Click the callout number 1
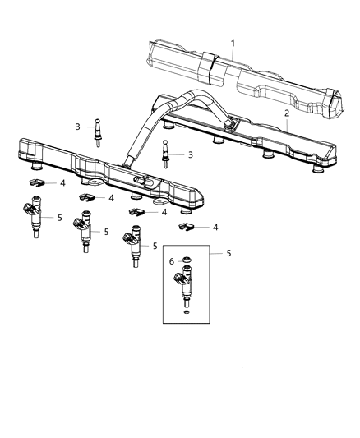(233, 42)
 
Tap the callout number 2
(286, 113)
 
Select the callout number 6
(172, 261)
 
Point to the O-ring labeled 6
(186, 262)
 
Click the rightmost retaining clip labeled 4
(186, 227)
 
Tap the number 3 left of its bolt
(78, 127)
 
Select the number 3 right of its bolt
(189, 154)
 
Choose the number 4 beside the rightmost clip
(215, 227)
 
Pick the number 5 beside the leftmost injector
(60, 218)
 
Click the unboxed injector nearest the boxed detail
(132, 247)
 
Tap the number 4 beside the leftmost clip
(60, 183)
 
